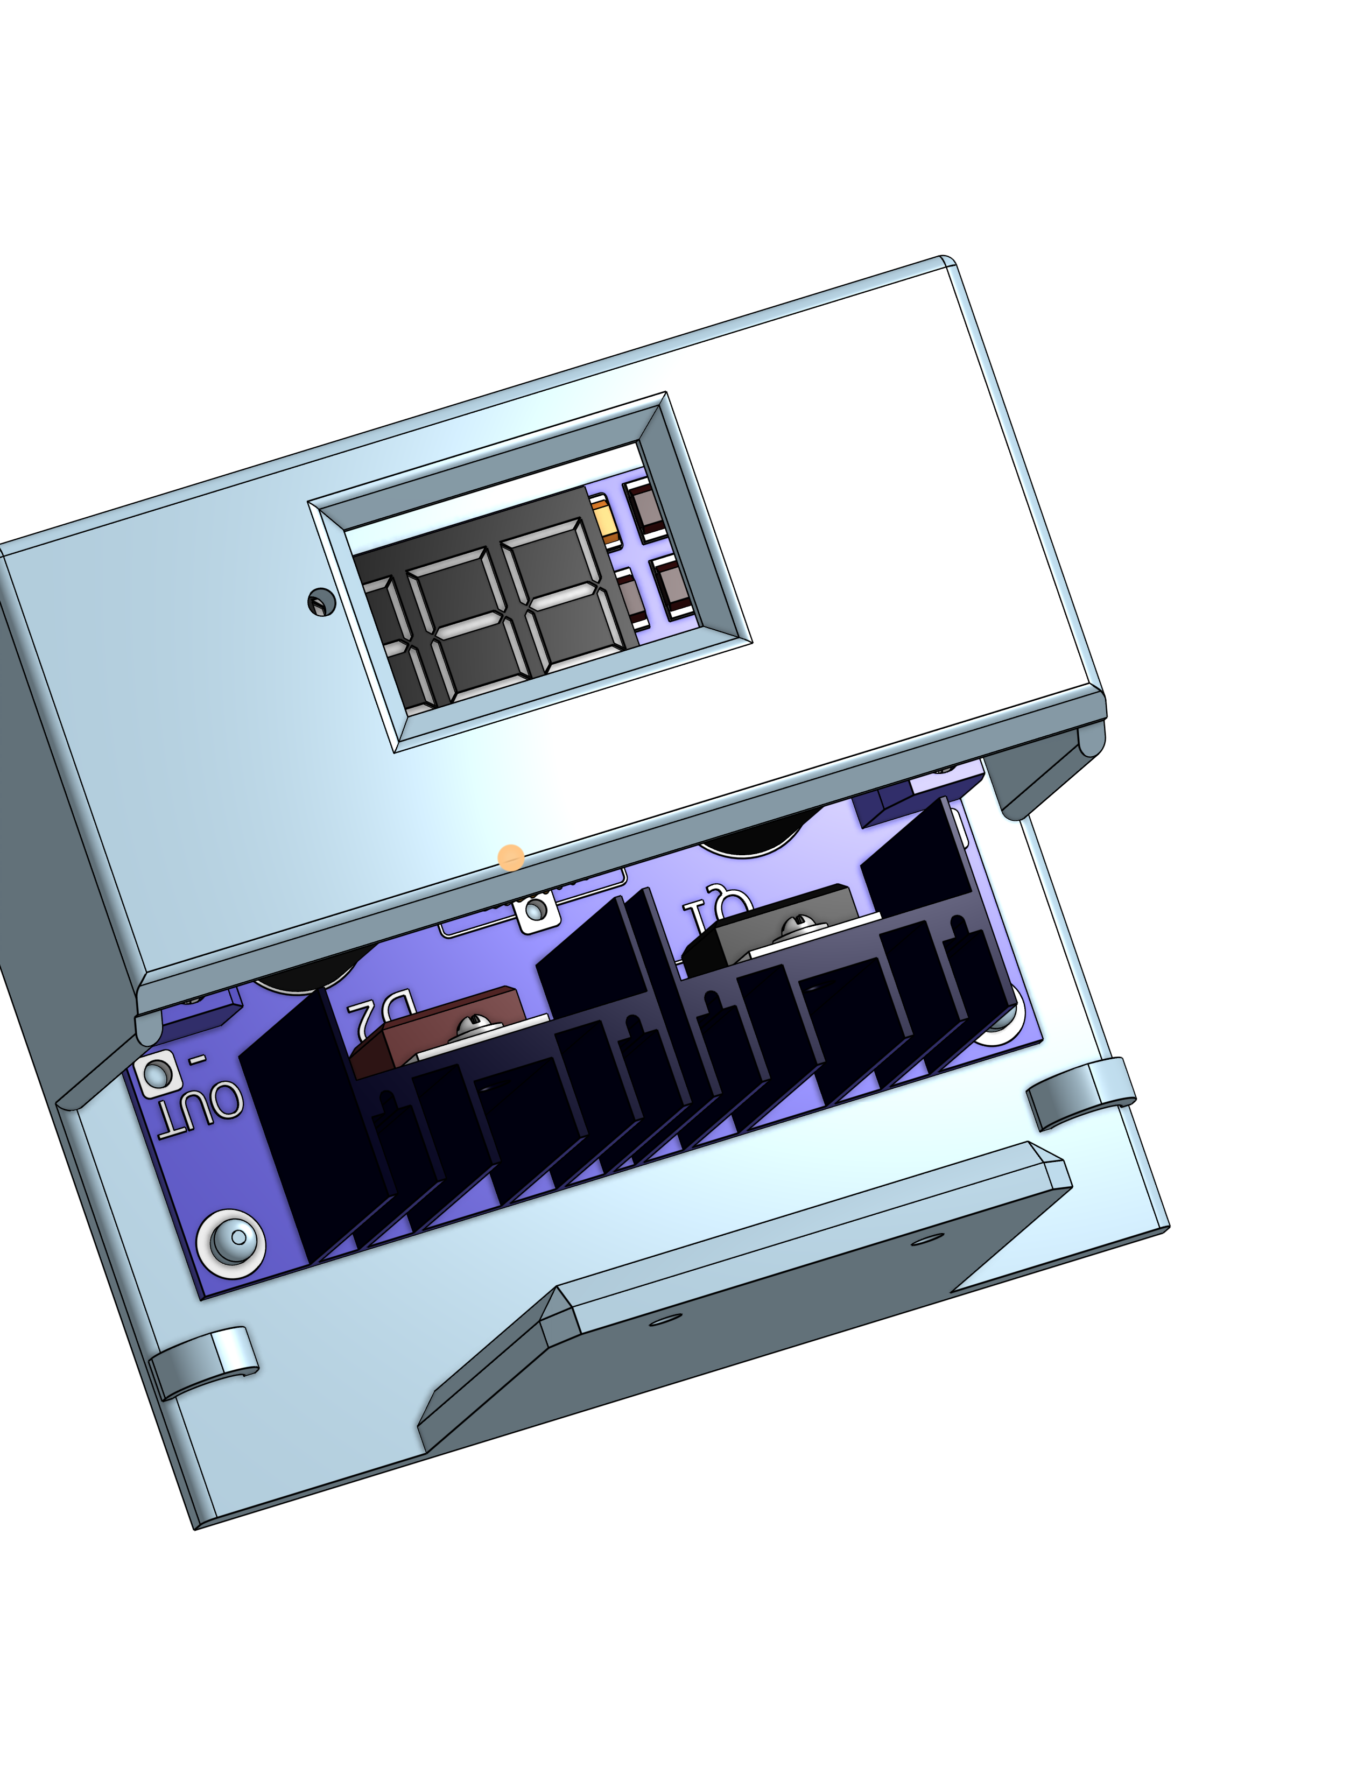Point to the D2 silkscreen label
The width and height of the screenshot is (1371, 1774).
(381, 1013)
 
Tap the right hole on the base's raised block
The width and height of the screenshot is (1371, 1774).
(927, 1240)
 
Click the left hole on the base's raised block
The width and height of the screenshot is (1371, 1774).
(666, 1318)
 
